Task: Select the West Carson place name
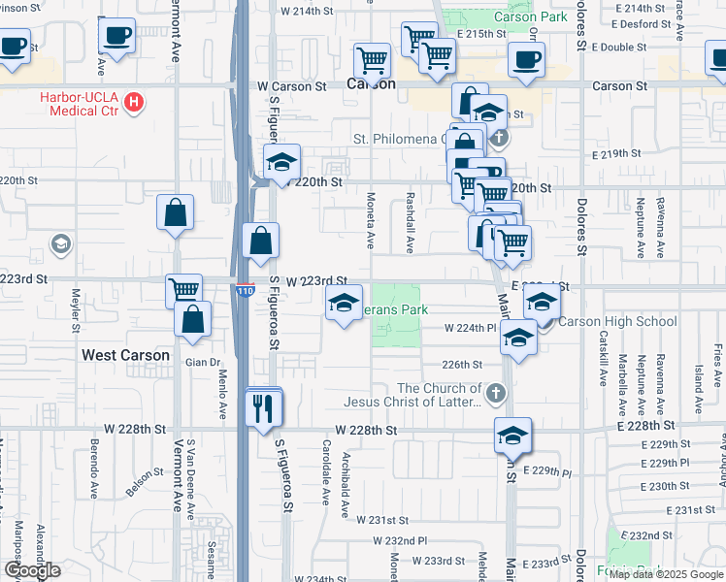point(126,355)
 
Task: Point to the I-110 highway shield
point(246,290)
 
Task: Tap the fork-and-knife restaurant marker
point(263,409)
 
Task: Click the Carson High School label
point(617,321)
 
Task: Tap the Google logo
point(31,570)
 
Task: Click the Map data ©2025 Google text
point(666,574)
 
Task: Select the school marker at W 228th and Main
point(512,438)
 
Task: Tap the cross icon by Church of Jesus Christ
point(496,393)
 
